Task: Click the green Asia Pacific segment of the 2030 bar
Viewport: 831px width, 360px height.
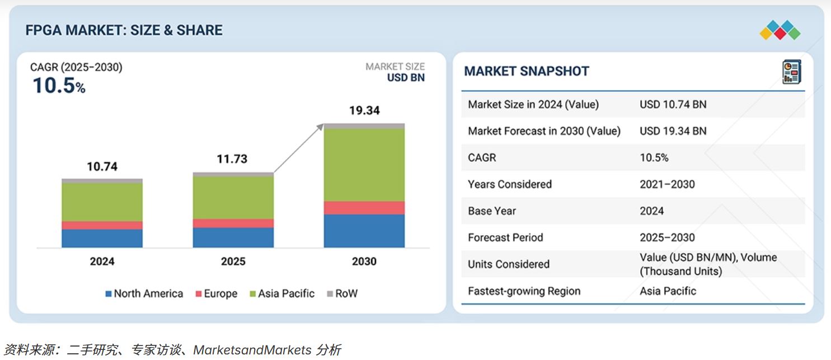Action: (364, 165)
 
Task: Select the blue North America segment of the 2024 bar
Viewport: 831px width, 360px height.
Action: (102, 238)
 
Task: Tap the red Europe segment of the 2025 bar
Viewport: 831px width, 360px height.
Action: (233, 223)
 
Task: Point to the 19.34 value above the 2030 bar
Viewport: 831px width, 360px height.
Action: (364, 110)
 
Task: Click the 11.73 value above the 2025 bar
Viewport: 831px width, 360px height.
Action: (232, 159)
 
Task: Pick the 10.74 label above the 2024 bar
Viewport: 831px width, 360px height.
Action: (102, 166)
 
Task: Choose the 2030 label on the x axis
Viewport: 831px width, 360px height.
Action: (364, 261)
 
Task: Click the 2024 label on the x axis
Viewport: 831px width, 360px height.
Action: (102, 261)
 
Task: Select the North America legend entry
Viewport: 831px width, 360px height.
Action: (144, 293)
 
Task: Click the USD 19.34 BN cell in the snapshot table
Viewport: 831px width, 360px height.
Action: (673, 131)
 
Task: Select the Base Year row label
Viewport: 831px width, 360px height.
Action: (492, 211)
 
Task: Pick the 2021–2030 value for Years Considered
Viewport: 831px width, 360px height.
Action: (667, 184)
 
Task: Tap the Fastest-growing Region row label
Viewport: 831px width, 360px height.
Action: (524, 291)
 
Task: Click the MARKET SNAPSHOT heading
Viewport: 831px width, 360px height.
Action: (527, 71)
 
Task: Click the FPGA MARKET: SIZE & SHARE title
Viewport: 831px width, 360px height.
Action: (124, 30)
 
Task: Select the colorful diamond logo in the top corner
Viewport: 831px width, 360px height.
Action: (780, 30)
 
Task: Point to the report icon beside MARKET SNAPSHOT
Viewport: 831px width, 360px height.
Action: (791, 72)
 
